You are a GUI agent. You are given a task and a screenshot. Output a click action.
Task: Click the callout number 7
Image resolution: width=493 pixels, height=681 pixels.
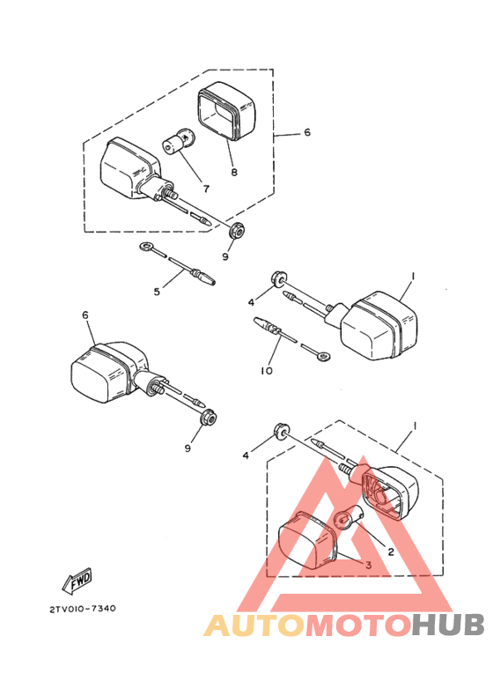[204, 188]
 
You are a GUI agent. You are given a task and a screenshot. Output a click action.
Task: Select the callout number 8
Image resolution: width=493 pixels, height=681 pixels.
[233, 173]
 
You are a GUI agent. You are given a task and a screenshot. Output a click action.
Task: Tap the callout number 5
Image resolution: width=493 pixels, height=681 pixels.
[157, 291]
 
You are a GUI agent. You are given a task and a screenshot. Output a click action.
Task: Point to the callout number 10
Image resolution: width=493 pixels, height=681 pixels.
[266, 371]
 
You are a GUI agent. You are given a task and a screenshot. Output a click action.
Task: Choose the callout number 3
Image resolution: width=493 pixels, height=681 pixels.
[369, 565]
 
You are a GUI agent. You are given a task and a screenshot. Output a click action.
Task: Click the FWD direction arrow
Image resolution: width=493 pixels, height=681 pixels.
[76, 581]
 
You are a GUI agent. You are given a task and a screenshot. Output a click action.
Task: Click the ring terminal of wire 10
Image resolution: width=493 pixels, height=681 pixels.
[323, 356]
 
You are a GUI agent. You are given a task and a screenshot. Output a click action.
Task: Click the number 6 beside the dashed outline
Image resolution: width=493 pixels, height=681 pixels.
[307, 133]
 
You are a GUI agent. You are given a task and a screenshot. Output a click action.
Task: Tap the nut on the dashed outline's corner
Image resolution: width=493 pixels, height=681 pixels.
[235, 233]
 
